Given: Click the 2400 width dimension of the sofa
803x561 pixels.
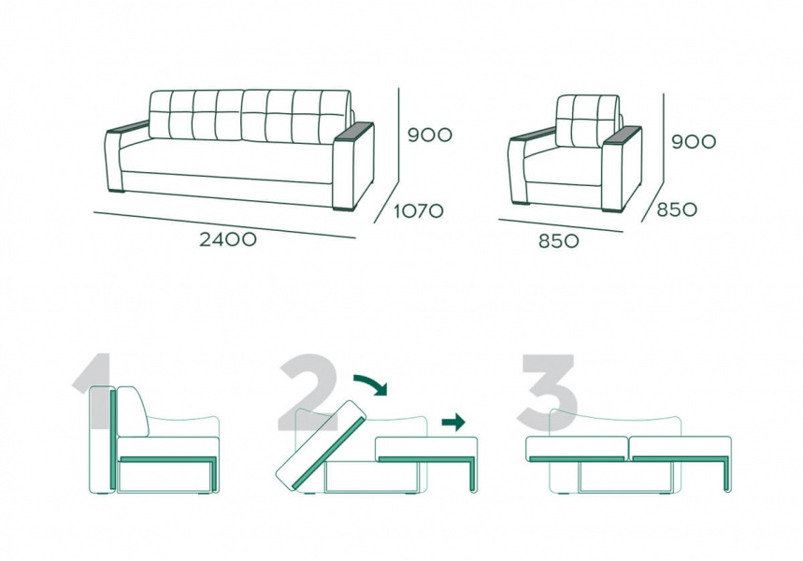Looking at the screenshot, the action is click(228, 239).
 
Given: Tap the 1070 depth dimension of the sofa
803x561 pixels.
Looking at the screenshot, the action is click(419, 210).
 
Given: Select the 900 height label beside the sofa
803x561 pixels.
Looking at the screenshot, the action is click(430, 135).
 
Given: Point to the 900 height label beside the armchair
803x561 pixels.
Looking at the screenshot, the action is click(694, 141).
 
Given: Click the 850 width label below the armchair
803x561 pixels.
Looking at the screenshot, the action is click(559, 241).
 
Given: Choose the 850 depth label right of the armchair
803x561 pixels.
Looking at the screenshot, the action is click(677, 209).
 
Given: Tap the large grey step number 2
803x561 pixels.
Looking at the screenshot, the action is click(308, 392).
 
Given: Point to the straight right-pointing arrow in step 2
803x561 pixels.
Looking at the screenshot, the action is click(453, 423).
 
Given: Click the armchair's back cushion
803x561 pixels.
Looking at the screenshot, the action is click(588, 121).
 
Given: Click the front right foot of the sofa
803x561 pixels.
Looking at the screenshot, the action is click(344, 208).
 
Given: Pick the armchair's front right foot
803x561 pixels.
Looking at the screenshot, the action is click(613, 209).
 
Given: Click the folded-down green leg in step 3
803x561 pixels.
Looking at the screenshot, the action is click(726, 474).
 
